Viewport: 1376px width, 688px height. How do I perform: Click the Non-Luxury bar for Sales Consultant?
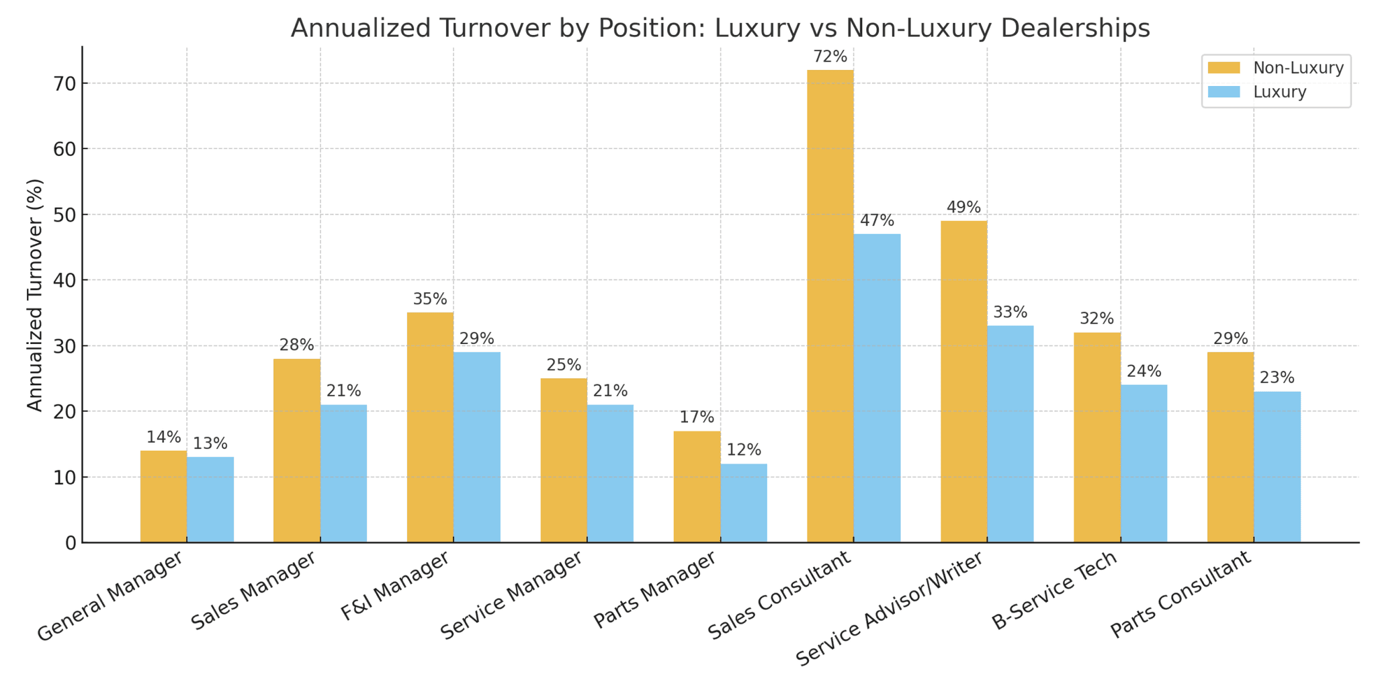coord(830,306)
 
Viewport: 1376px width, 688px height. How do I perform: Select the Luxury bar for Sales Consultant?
coord(877,388)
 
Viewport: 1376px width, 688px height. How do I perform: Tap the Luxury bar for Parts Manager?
coord(744,503)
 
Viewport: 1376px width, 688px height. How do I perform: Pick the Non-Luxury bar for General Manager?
coord(163,496)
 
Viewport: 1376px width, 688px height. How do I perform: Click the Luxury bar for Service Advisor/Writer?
coord(1010,433)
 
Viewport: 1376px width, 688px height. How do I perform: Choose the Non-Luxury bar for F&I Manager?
coord(430,427)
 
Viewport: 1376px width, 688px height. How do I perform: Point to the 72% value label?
coord(830,57)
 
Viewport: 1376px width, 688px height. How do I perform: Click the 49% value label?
coord(963,208)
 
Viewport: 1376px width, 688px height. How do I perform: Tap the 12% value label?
coord(744,450)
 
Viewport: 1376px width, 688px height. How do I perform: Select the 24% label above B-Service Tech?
coord(1144,372)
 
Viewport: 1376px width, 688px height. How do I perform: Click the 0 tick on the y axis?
coord(71,543)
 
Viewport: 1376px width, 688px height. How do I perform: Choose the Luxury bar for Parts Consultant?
coord(1277,466)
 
